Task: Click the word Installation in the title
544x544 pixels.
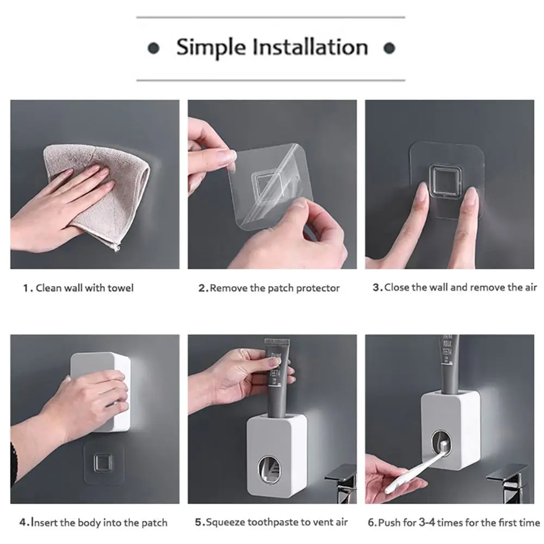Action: (310, 47)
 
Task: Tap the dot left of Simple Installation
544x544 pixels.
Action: (153, 48)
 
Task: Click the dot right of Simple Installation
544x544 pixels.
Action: (390, 48)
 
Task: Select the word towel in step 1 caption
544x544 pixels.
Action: (120, 288)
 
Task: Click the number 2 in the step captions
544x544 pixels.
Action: (202, 288)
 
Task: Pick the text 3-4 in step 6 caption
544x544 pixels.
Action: (426, 522)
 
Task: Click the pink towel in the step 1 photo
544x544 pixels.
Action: (101, 193)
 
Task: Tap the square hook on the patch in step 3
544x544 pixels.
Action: (446, 181)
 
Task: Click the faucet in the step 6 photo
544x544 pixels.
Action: (510, 482)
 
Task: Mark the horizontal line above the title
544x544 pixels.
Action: (270, 17)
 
